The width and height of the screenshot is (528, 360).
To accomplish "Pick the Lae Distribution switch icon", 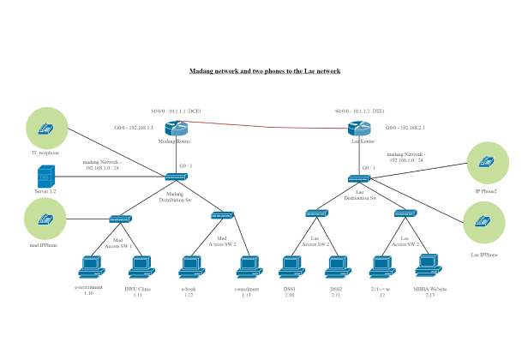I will [x=358, y=178].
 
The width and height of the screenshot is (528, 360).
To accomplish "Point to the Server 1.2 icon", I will [x=45, y=177].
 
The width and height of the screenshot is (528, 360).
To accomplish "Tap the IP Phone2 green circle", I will [x=486, y=160].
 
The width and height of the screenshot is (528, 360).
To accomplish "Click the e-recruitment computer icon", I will [x=89, y=268].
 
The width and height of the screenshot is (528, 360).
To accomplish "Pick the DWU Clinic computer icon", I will [x=139, y=268].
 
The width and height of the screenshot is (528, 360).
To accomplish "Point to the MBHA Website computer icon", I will [x=424, y=268].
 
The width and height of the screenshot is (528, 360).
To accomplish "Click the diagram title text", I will [x=264, y=72].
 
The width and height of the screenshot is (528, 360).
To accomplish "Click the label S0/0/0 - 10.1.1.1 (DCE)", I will [x=176, y=111].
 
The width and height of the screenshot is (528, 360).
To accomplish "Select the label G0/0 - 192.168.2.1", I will [x=405, y=128].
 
